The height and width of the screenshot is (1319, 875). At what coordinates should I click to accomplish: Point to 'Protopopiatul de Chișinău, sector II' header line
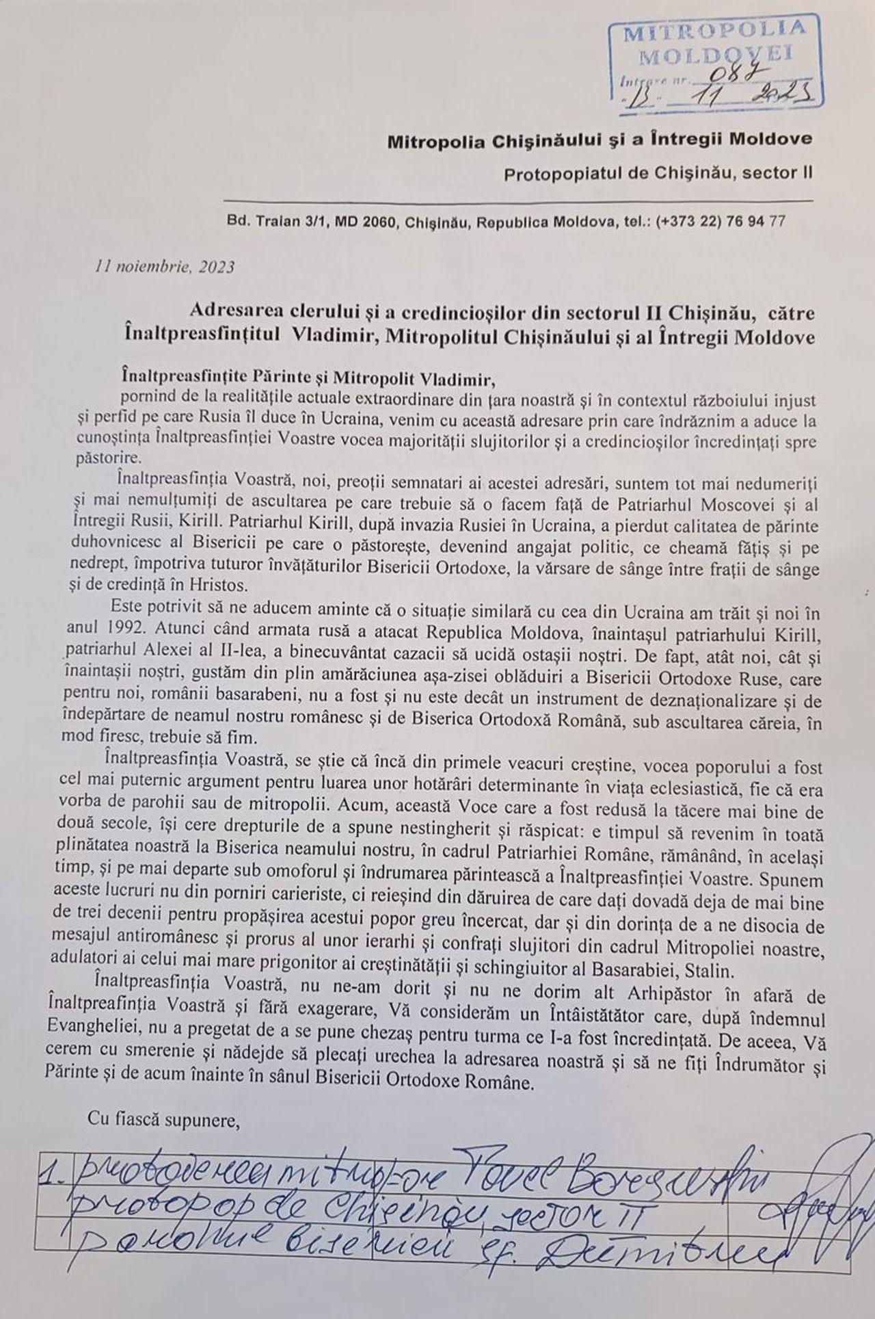pos(658,173)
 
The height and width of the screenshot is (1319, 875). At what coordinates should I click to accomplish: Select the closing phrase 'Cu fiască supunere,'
pos(163,1120)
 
